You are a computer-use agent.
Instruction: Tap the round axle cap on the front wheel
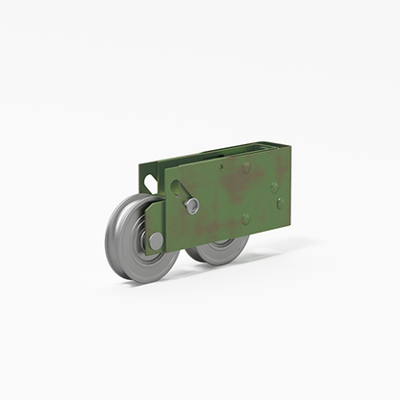[x=157, y=239]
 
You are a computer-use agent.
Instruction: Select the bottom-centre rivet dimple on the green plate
[x=246, y=219]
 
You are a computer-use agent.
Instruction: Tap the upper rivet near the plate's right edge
[x=274, y=186]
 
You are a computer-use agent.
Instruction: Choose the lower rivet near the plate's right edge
[x=279, y=204]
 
